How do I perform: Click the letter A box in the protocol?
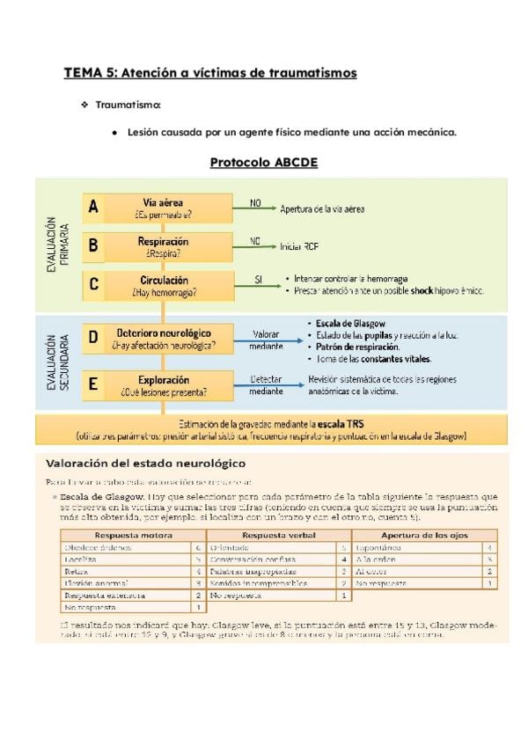coord(93,208)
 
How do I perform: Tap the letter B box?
coord(93,245)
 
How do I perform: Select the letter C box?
coord(93,285)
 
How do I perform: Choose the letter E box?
coord(93,384)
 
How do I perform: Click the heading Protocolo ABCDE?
coord(263,163)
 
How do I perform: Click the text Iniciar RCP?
coord(300,247)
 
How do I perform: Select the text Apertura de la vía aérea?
coord(321,209)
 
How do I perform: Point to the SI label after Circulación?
coord(259,279)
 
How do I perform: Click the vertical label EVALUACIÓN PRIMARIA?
coord(57,245)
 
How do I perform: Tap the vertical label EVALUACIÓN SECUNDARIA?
coord(57,361)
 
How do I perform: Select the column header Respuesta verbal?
coord(278,535)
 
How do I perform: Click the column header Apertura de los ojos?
coord(424,535)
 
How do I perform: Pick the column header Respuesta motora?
coord(133,535)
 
